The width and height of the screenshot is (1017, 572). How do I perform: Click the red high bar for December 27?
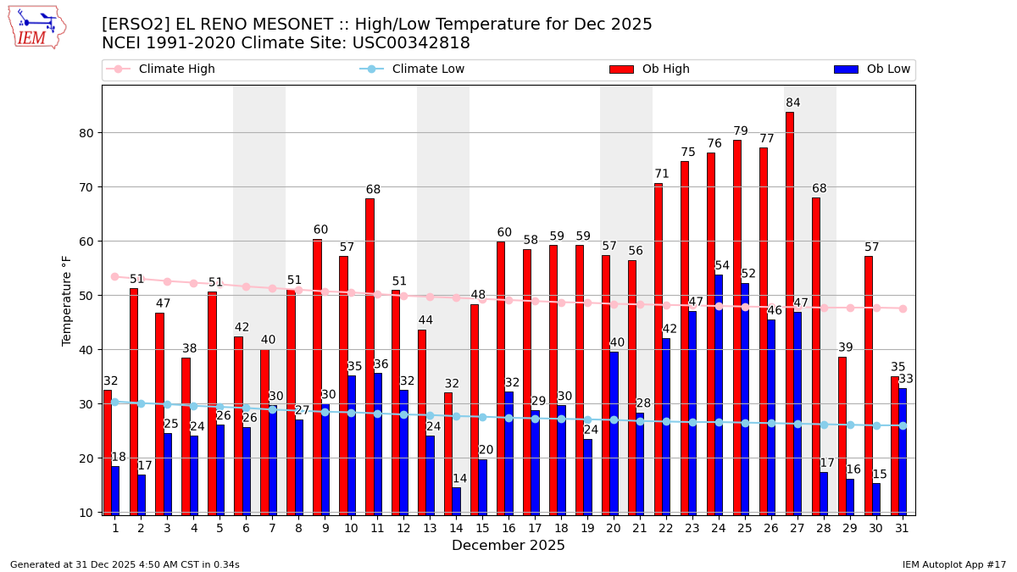coord(790,314)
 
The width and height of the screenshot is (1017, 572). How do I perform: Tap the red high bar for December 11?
coord(370,356)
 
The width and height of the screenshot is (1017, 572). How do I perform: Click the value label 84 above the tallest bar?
coord(793,103)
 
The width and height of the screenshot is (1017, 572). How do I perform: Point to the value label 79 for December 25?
coord(741,131)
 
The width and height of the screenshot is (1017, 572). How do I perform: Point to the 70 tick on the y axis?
coord(85,187)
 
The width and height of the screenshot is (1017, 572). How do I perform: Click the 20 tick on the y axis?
coord(85,458)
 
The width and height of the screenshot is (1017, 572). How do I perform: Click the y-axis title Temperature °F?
coord(67,300)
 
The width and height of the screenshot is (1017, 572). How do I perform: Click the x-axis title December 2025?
coord(508,546)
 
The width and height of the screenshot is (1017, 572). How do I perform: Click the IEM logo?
coord(36,27)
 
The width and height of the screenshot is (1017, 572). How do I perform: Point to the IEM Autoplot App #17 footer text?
coord(953,564)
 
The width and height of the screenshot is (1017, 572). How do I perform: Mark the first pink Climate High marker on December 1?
coord(114,277)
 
